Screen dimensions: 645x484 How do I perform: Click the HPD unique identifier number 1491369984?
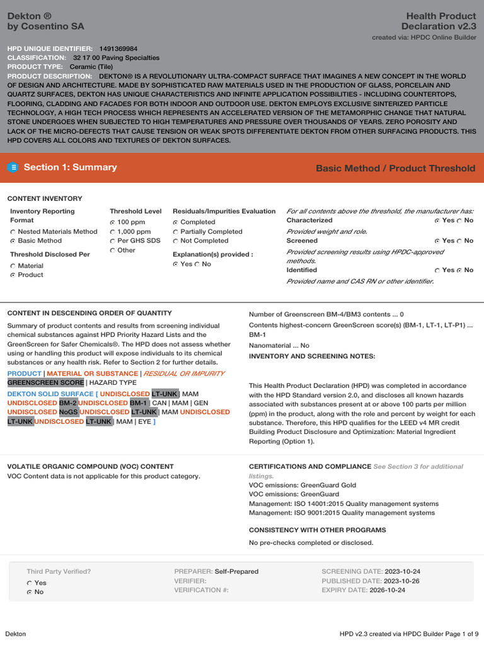pos(118,49)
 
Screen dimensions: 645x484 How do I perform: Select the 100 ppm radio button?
pos(113,222)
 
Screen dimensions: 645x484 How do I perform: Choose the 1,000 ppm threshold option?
pos(113,232)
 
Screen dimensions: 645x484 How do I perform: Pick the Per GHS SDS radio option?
pos(113,241)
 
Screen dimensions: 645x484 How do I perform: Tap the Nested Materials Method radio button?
pos(13,232)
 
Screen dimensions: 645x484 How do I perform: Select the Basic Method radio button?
pos(13,241)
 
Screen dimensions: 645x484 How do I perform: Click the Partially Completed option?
pos(176,232)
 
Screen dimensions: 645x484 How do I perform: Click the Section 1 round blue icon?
pos(13,168)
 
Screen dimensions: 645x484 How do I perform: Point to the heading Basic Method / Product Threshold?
pos(395,168)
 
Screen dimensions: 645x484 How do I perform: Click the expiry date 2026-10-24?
pos(388,590)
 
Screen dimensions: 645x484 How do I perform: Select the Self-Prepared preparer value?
pos(236,571)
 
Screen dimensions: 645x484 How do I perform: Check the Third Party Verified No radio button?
pos(30,592)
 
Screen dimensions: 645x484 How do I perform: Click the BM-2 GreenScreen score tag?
pos(68,403)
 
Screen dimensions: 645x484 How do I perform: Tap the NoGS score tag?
pos(68,412)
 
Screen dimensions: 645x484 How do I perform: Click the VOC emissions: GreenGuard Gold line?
pos(302,486)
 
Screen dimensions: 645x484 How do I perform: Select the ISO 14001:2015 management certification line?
pos(343,504)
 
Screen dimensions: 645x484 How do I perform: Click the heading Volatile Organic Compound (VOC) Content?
pos(90,467)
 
